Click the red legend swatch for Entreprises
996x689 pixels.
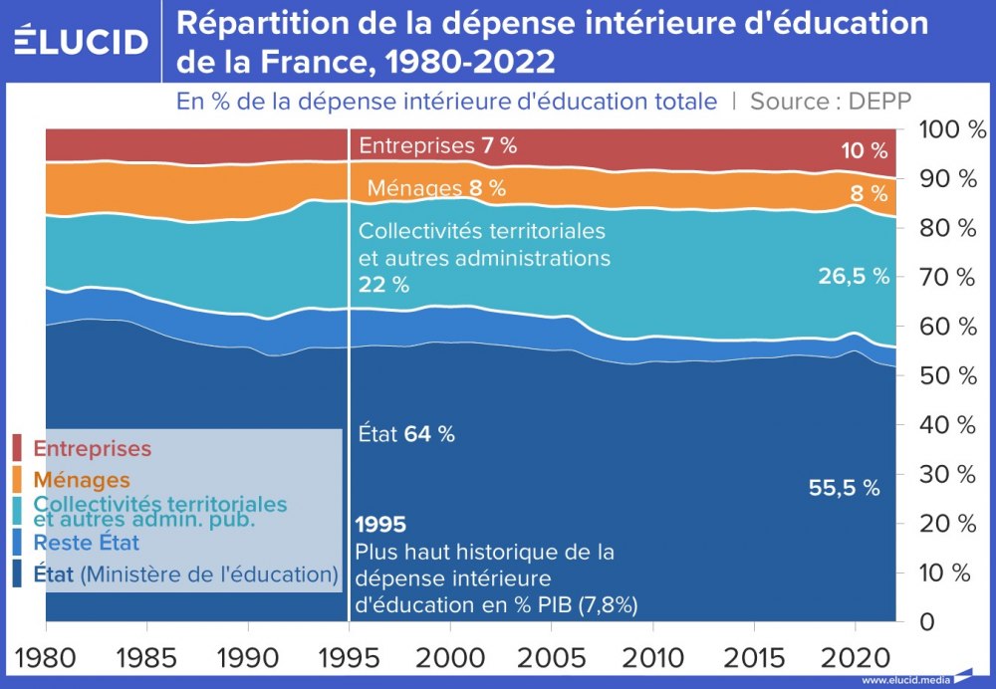tap(17, 448)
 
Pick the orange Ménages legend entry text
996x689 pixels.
tap(82, 480)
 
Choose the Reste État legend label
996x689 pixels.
tap(87, 543)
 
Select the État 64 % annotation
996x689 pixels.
tap(406, 434)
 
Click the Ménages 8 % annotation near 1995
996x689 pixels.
tap(436, 188)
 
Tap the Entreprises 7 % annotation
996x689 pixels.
tap(437, 145)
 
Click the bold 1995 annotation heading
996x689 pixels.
tap(380, 524)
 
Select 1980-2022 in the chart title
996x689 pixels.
tap(469, 62)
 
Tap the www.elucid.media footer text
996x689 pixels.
tap(902, 680)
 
